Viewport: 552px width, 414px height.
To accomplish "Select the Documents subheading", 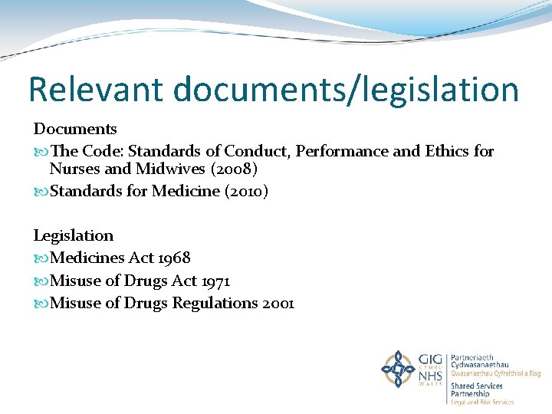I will click(75, 129).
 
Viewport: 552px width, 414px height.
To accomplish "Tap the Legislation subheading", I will click(74, 235).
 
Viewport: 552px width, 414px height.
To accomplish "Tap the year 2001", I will click(278, 303).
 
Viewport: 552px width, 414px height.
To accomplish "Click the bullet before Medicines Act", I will click(40, 258).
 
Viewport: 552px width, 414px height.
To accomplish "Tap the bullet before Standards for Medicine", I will click(40, 192).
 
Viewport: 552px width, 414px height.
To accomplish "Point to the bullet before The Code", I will click(40, 152).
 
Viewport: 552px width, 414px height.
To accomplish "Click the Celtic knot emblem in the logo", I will click(398, 370).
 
